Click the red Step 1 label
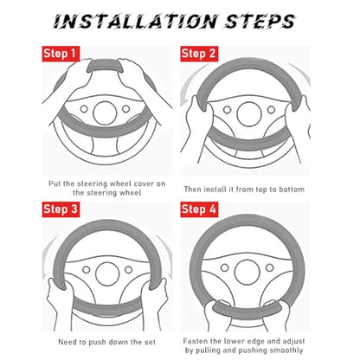pyautogui.click(x=61, y=54)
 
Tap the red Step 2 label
pyautogui.click(x=199, y=54)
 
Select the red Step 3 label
pyautogui.click(x=61, y=209)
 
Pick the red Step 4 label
pyautogui.click(x=199, y=209)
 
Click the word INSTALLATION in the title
pyautogui.click(x=135, y=21)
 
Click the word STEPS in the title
pyautogui.click(x=260, y=21)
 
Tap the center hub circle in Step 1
pyautogui.click(x=105, y=112)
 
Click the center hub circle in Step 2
pyautogui.click(x=248, y=113)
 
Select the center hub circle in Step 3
pyautogui.click(x=107, y=273)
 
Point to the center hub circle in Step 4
pyautogui.click(x=247, y=272)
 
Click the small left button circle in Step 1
pyautogui.click(x=84, y=109)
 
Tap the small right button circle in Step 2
pyautogui.click(x=271, y=110)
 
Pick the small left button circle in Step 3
pyautogui.click(x=87, y=270)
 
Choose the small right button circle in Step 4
pyautogui.click(x=270, y=267)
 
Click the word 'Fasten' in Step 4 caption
pyautogui.click(x=196, y=341)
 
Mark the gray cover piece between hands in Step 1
pyautogui.click(x=106, y=67)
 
